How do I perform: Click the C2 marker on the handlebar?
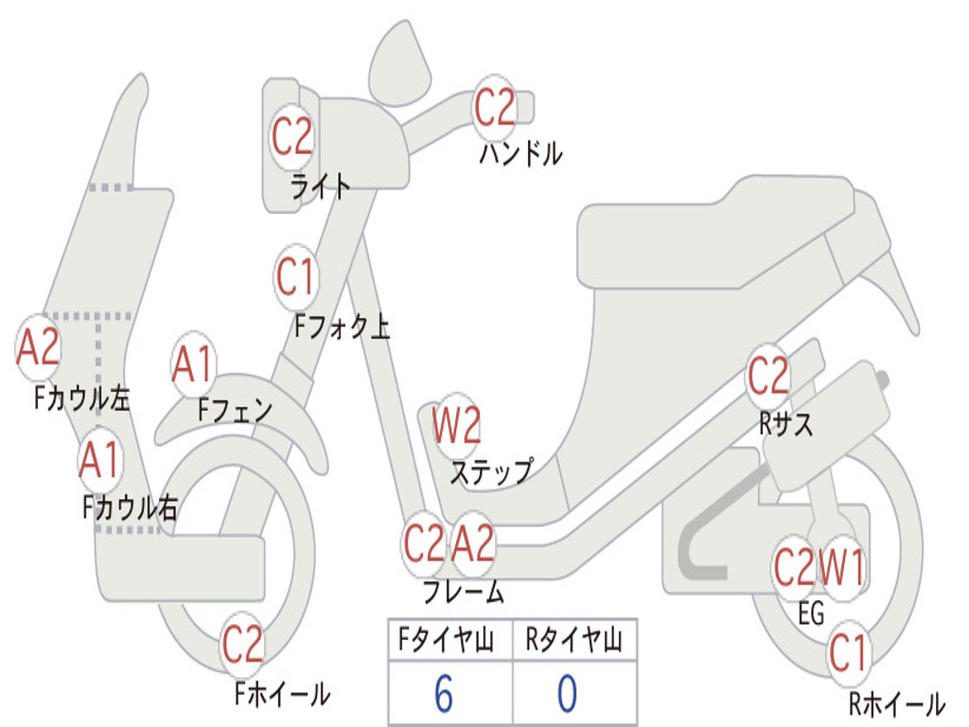494,108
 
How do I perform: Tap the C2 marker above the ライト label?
291,136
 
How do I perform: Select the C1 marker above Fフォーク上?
295,276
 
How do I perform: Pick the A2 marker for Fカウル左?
38,346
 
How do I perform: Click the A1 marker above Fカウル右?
99,460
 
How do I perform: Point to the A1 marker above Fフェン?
193,364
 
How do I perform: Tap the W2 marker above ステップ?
456,425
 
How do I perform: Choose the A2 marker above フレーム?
473,543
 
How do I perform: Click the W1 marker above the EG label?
840,567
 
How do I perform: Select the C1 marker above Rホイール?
849,653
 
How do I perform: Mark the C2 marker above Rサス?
768,375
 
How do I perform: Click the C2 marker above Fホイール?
242,644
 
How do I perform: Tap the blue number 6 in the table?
444,693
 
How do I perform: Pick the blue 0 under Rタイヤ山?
568,693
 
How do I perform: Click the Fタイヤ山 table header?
447,639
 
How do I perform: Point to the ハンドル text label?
520,152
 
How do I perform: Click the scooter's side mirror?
399,62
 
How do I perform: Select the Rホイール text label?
897,703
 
